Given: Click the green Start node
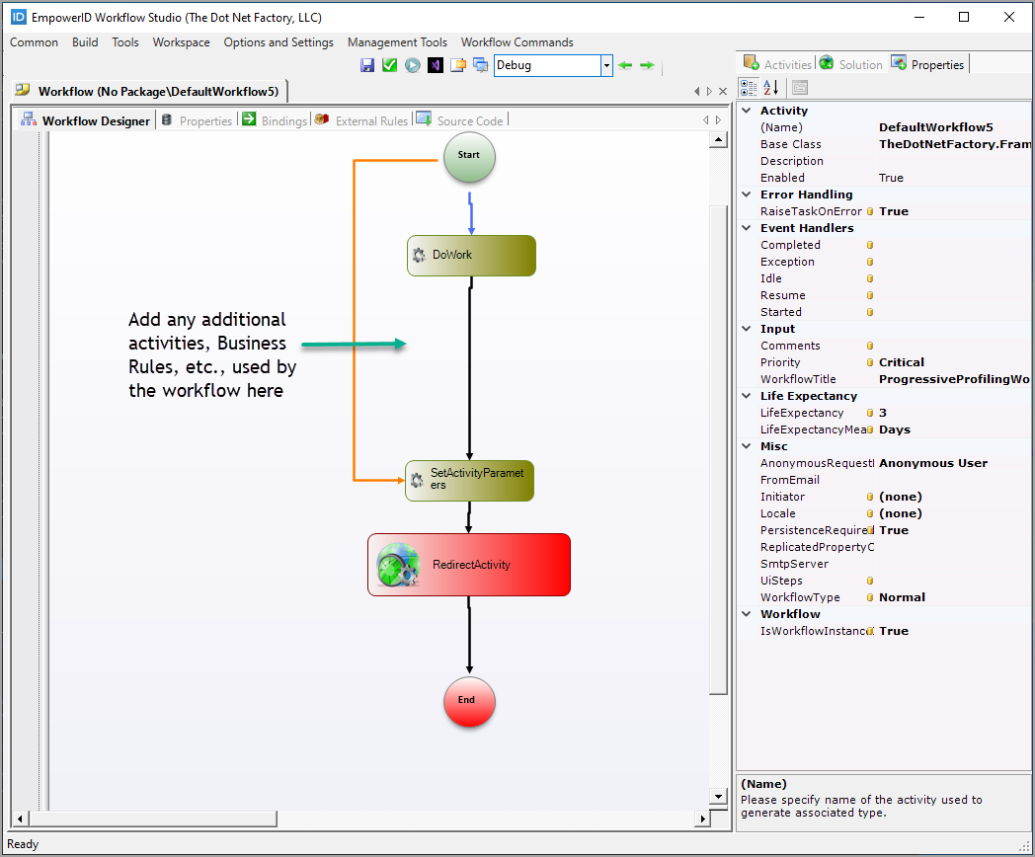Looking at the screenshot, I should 469,156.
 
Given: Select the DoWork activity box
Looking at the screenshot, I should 471,256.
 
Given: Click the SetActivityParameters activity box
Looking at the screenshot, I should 469,480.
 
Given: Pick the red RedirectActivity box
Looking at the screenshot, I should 469,565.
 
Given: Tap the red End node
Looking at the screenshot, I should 468,700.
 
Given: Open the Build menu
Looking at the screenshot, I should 85,42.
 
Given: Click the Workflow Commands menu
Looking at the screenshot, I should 517,42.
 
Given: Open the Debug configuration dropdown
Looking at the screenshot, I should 606,66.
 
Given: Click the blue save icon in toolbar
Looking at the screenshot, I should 367,66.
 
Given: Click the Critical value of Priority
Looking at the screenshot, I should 901,362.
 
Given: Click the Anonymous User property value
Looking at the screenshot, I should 932,463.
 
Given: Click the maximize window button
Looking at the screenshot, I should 964,17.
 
